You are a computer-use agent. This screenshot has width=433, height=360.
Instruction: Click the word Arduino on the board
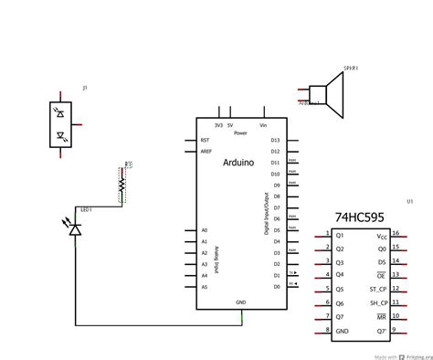coord(240,161)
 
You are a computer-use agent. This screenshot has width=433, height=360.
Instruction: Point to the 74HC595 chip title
coord(359,219)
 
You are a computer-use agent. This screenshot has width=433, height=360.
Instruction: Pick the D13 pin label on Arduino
coord(275,141)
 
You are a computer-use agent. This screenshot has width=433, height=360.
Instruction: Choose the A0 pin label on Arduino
coord(205,230)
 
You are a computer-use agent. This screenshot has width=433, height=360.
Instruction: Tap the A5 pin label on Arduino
coord(205,287)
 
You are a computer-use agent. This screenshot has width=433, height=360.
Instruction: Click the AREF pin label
coord(206,153)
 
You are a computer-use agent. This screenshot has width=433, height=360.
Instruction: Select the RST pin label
coord(206,141)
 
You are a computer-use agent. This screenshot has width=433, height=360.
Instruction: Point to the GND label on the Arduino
coord(241,302)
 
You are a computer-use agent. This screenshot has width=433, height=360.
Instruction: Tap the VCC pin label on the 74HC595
coord(381,235)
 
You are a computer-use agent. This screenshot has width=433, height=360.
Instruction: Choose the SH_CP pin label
coord(377,302)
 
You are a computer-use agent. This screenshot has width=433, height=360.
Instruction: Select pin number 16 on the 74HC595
coord(396,234)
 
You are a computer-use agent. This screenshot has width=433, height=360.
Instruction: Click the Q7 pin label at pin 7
coord(340,316)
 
